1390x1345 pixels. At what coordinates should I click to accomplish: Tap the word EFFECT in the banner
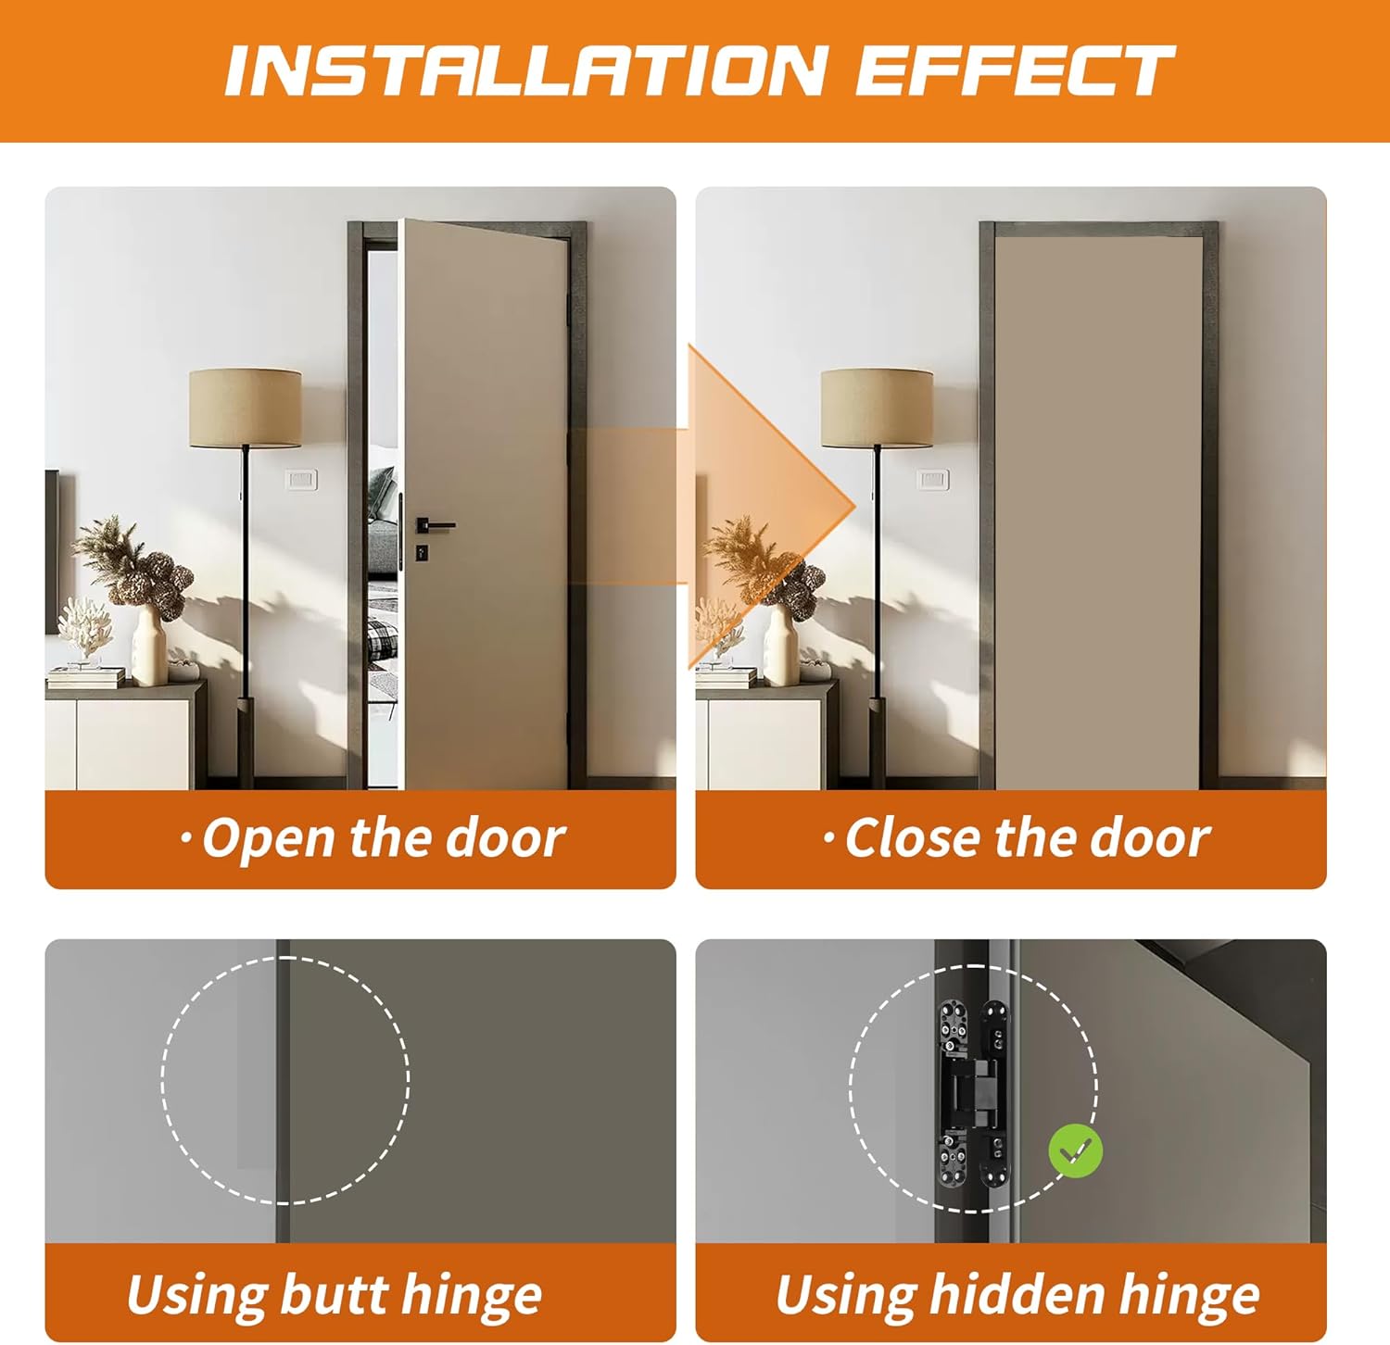1014,70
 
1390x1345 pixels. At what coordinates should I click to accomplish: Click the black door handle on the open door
435,525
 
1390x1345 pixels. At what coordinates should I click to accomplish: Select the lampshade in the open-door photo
245,408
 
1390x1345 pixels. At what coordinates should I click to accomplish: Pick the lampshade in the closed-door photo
877,408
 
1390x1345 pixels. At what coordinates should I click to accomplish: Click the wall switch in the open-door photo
301,480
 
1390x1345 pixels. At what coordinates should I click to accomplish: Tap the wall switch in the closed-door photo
932,480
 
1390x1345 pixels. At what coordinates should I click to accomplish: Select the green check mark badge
1075,1151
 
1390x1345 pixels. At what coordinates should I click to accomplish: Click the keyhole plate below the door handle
422,553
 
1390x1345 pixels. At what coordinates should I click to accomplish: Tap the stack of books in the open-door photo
85,677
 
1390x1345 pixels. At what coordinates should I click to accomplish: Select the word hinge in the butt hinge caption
472,1296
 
